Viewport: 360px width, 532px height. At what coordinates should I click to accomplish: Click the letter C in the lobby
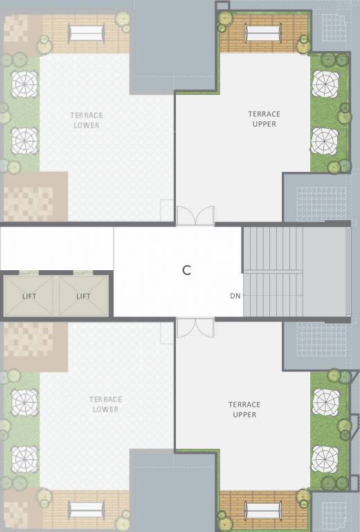tap(186, 271)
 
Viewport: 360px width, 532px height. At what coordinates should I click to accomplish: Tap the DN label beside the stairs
tap(235, 296)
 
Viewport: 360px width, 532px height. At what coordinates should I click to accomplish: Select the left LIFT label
tap(29, 296)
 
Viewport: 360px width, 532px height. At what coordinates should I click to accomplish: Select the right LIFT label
tap(83, 296)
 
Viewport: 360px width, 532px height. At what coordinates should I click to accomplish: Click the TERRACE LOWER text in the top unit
tap(87, 120)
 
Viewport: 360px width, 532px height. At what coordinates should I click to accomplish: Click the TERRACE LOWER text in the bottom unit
tap(105, 404)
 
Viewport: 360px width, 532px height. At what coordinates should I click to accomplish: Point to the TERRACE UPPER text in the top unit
tap(264, 119)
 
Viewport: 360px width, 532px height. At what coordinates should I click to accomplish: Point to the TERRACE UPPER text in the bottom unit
tap(244, 409)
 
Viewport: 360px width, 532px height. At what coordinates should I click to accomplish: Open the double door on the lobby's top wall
tap(195, 215)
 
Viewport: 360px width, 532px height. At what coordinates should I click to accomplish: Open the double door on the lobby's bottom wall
tap(195, 328)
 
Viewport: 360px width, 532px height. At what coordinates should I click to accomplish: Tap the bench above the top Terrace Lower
tap(87, 33)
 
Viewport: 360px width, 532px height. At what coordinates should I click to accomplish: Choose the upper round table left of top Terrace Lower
tap(25, 85)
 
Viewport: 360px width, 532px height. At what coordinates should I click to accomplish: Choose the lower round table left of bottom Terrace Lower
tap(25, 459)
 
